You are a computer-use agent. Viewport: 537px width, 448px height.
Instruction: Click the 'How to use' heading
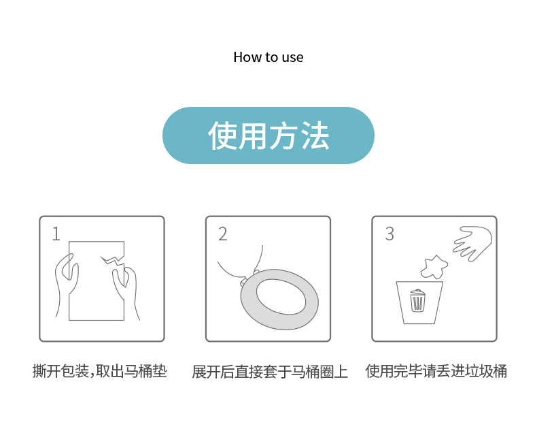click(268, 57)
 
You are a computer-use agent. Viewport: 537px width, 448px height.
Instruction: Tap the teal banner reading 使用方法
click(268, 135)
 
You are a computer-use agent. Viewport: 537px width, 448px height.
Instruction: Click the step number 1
click(56, 234)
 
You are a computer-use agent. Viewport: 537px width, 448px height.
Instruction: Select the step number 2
click(222, 234)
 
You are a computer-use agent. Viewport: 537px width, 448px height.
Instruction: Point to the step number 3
click(389, 234)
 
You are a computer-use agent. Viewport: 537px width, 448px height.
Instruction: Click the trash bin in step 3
click(419, 302)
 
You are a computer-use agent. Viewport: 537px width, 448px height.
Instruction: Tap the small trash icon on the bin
click(418, 300)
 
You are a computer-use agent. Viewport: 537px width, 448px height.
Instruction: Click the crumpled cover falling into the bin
click(433, 266)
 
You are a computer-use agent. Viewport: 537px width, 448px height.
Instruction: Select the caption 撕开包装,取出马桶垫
click(100, 372)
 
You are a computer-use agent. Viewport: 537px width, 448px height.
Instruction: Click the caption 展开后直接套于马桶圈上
click(269, 372)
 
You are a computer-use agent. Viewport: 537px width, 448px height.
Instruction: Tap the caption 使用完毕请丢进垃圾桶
click(436, 372)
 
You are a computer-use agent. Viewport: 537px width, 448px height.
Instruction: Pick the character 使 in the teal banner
click(222, 136)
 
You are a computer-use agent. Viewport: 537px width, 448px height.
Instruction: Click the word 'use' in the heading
click(292, 57)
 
